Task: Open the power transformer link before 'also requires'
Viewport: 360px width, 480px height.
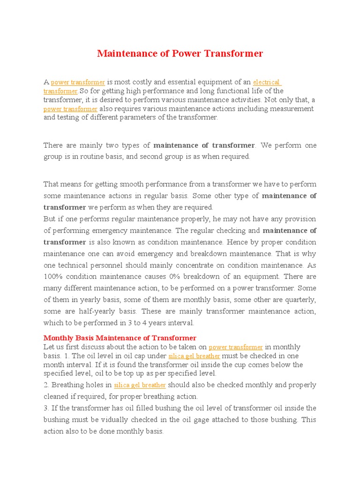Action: (70, 109)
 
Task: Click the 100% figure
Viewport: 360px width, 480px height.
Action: (53, 277)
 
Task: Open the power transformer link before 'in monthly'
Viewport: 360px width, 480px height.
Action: (235, 347)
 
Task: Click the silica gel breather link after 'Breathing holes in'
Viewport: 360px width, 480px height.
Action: (140, 385)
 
